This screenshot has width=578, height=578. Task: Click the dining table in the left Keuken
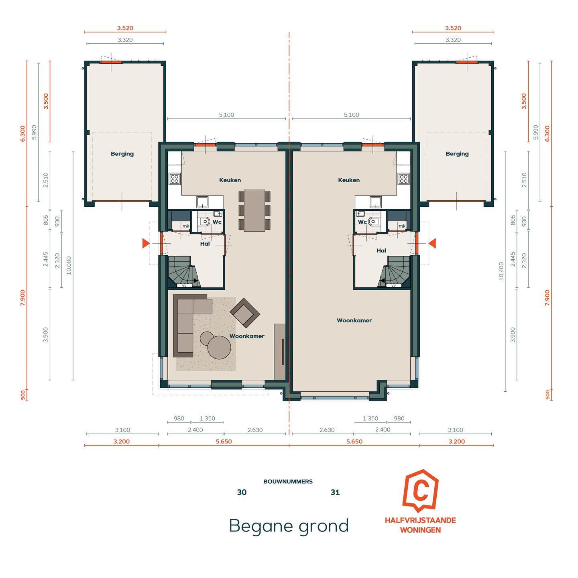(254, 210)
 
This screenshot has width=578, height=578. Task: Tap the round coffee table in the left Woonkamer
(219, 347)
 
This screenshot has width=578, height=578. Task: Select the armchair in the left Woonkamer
(244, 313)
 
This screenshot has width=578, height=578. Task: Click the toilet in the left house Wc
(205, 222)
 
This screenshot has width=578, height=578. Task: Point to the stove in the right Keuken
(403, 179)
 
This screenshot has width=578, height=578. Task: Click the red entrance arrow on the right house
(432, 243)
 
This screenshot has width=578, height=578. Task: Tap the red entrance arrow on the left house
(146, 243)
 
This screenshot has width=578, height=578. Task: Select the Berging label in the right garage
(457, 154)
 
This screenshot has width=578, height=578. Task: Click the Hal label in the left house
(205, 244)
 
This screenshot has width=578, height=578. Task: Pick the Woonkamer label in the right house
(354, 320)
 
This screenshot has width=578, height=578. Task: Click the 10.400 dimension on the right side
(501, 271)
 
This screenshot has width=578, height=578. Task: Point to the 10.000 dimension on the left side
(69, 265)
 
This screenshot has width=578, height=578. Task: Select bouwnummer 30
(242, 493)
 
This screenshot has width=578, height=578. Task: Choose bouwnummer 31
(335, 493)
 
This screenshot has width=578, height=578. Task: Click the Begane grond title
(289, 526)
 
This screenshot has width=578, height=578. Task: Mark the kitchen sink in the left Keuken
(202, 201)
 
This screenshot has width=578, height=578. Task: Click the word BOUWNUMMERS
(288, 482)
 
